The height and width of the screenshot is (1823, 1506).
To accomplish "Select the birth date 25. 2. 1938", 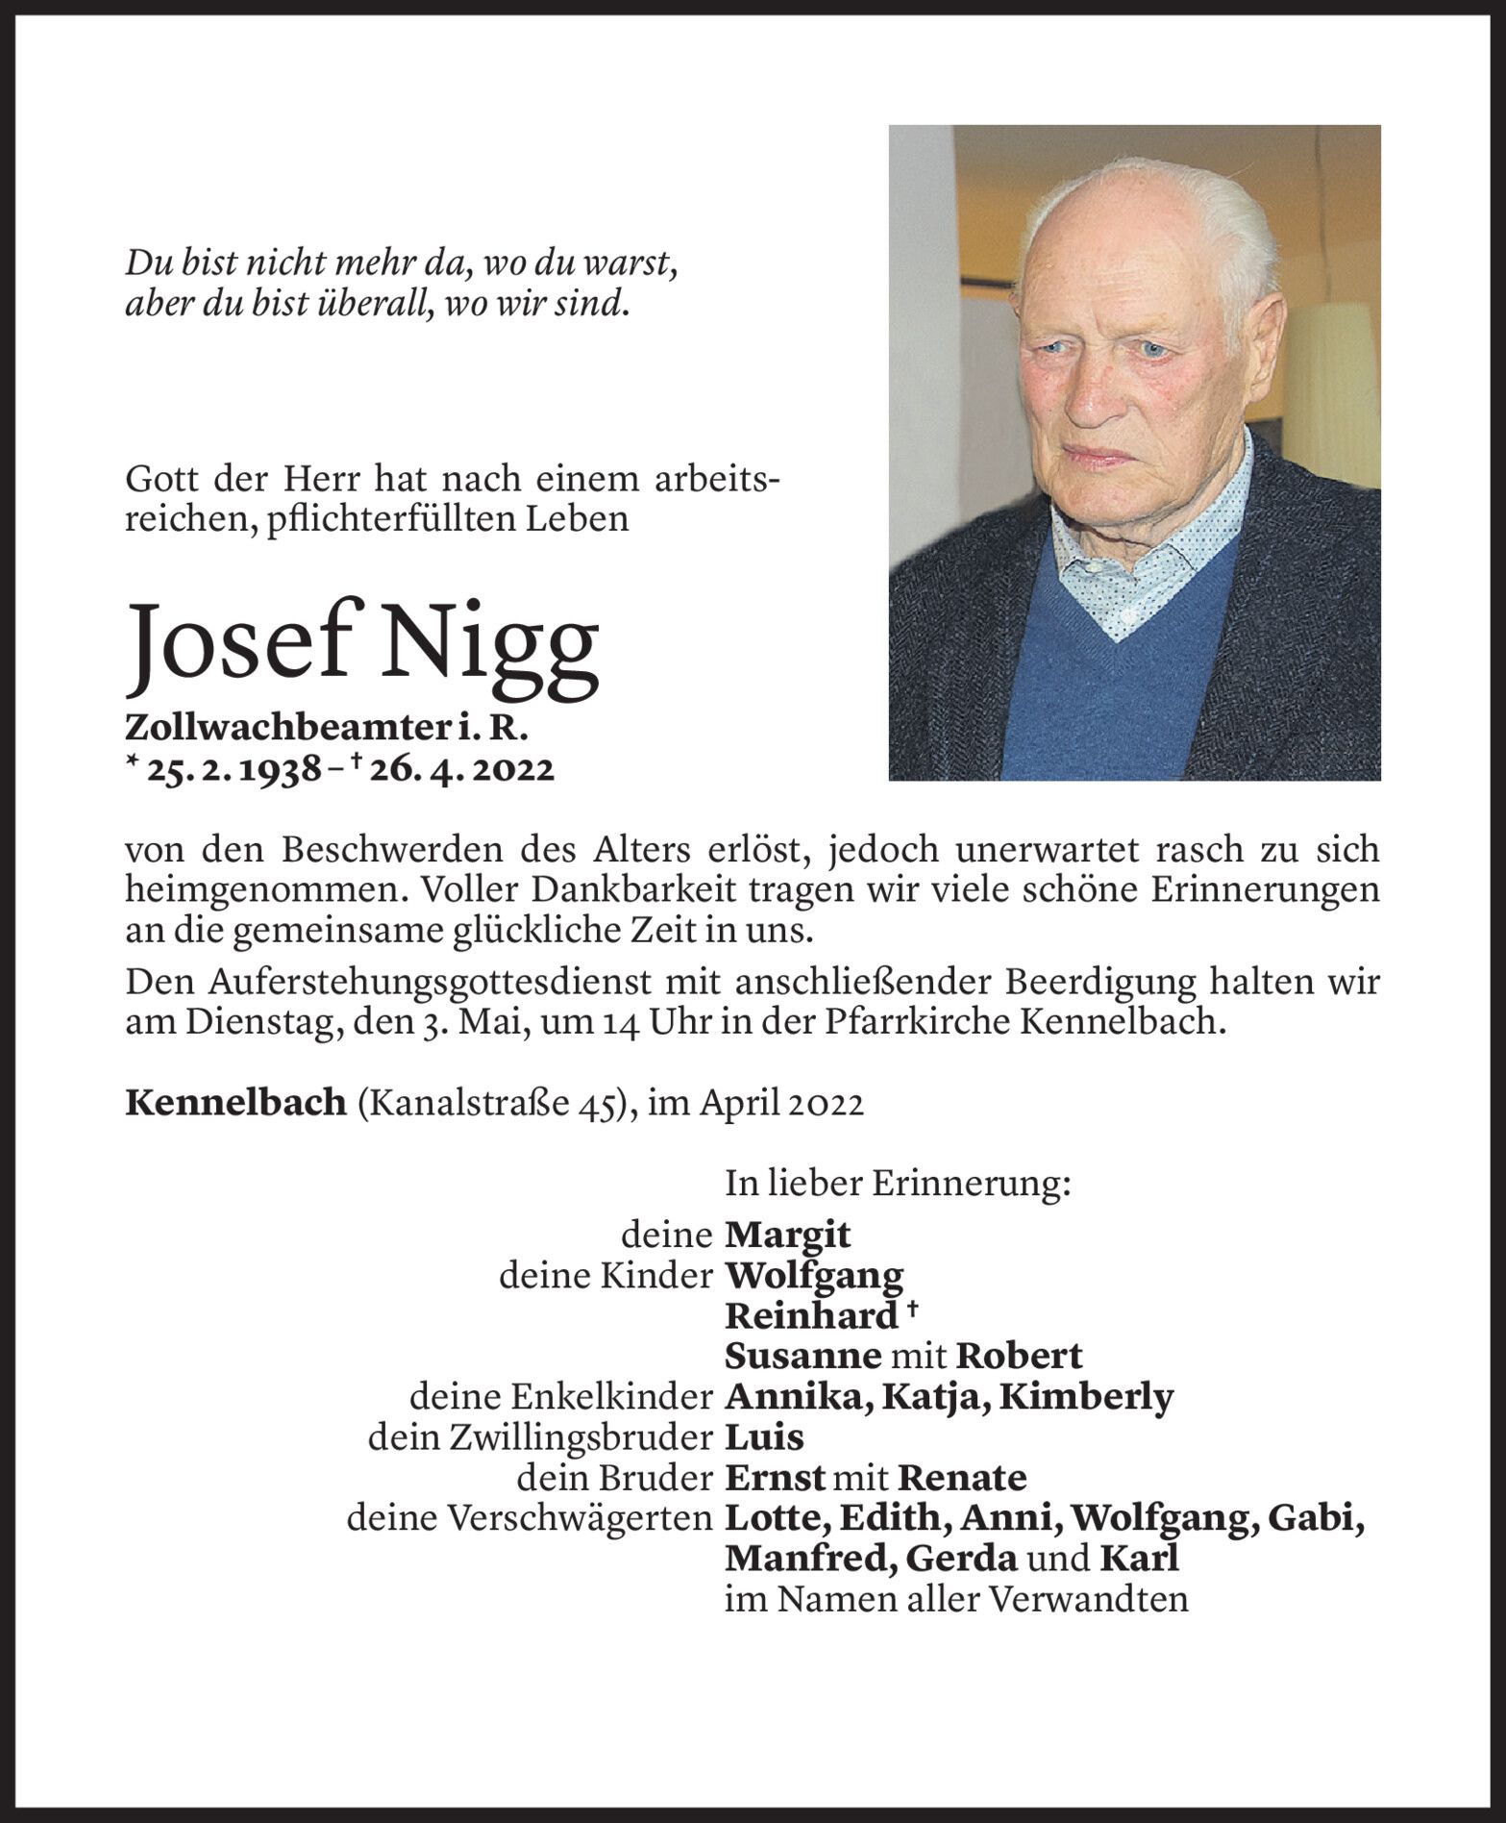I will pyautogui.click(x=233, y=769).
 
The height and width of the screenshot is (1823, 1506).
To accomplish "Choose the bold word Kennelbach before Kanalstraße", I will pyautogui.click(x=235, y=1103).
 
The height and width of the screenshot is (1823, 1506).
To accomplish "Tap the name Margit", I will pyautogui.click(x=787, y=1235).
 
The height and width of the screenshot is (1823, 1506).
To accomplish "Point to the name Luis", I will pyautogui.click(x=764, y=1437).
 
